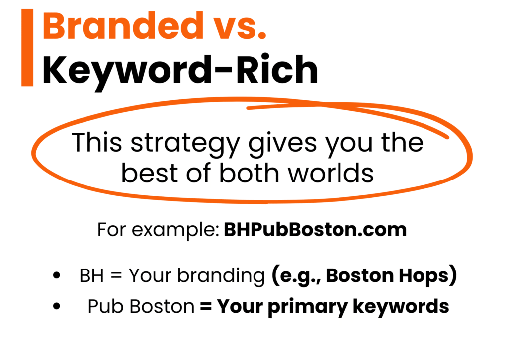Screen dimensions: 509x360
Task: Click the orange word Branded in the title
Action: [122, 26]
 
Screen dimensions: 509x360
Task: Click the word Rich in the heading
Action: [277, 69]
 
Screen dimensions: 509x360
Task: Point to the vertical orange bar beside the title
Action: [27, 47]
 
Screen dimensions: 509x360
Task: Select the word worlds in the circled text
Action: [331, 173]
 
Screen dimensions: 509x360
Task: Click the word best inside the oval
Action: [150, 173]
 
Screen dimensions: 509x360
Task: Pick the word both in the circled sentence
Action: [249, 173]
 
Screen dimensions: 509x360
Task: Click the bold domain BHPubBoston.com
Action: [315, 230]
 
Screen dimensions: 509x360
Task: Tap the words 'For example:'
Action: [159, 230]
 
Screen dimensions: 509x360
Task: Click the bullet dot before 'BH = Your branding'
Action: [57, 275]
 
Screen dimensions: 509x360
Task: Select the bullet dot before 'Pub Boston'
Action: [57, 306]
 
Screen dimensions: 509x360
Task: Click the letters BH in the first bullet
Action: [91, 276]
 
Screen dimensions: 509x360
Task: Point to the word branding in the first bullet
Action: [221, 276]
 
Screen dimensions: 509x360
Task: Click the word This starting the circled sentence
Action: [97, 142]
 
